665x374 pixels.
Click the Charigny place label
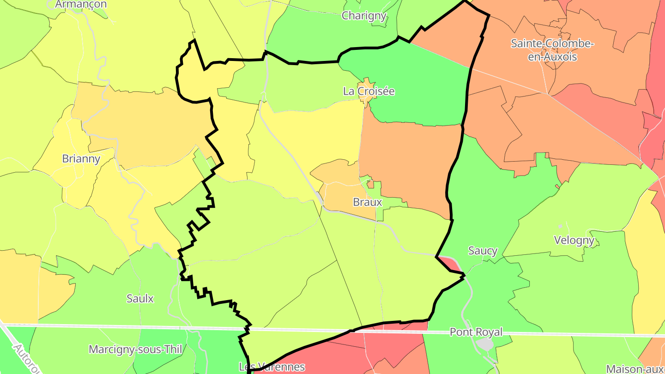[x=363, y=16]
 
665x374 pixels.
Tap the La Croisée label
[x=369, y=91]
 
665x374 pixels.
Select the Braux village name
[x=367, y=202]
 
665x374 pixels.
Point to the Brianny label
[x=81, y=159]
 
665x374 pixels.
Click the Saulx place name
[x=140, y=299]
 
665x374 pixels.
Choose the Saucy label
[x=483, y=251]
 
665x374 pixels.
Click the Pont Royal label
[x=476, y=332]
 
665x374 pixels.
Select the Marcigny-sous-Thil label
[x=135, y=350]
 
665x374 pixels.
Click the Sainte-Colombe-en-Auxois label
[x=552, y=50]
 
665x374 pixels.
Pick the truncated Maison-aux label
[x=635, y=369]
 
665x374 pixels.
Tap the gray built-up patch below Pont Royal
[x=485, y=344]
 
